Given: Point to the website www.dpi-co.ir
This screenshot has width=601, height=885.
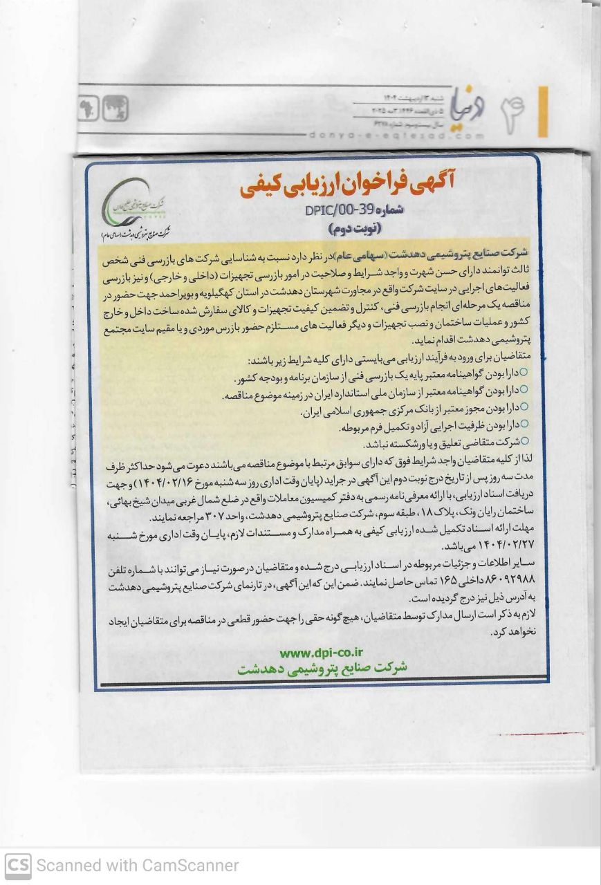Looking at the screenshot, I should (323, 652).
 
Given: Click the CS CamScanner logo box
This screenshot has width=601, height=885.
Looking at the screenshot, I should (18, 865).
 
